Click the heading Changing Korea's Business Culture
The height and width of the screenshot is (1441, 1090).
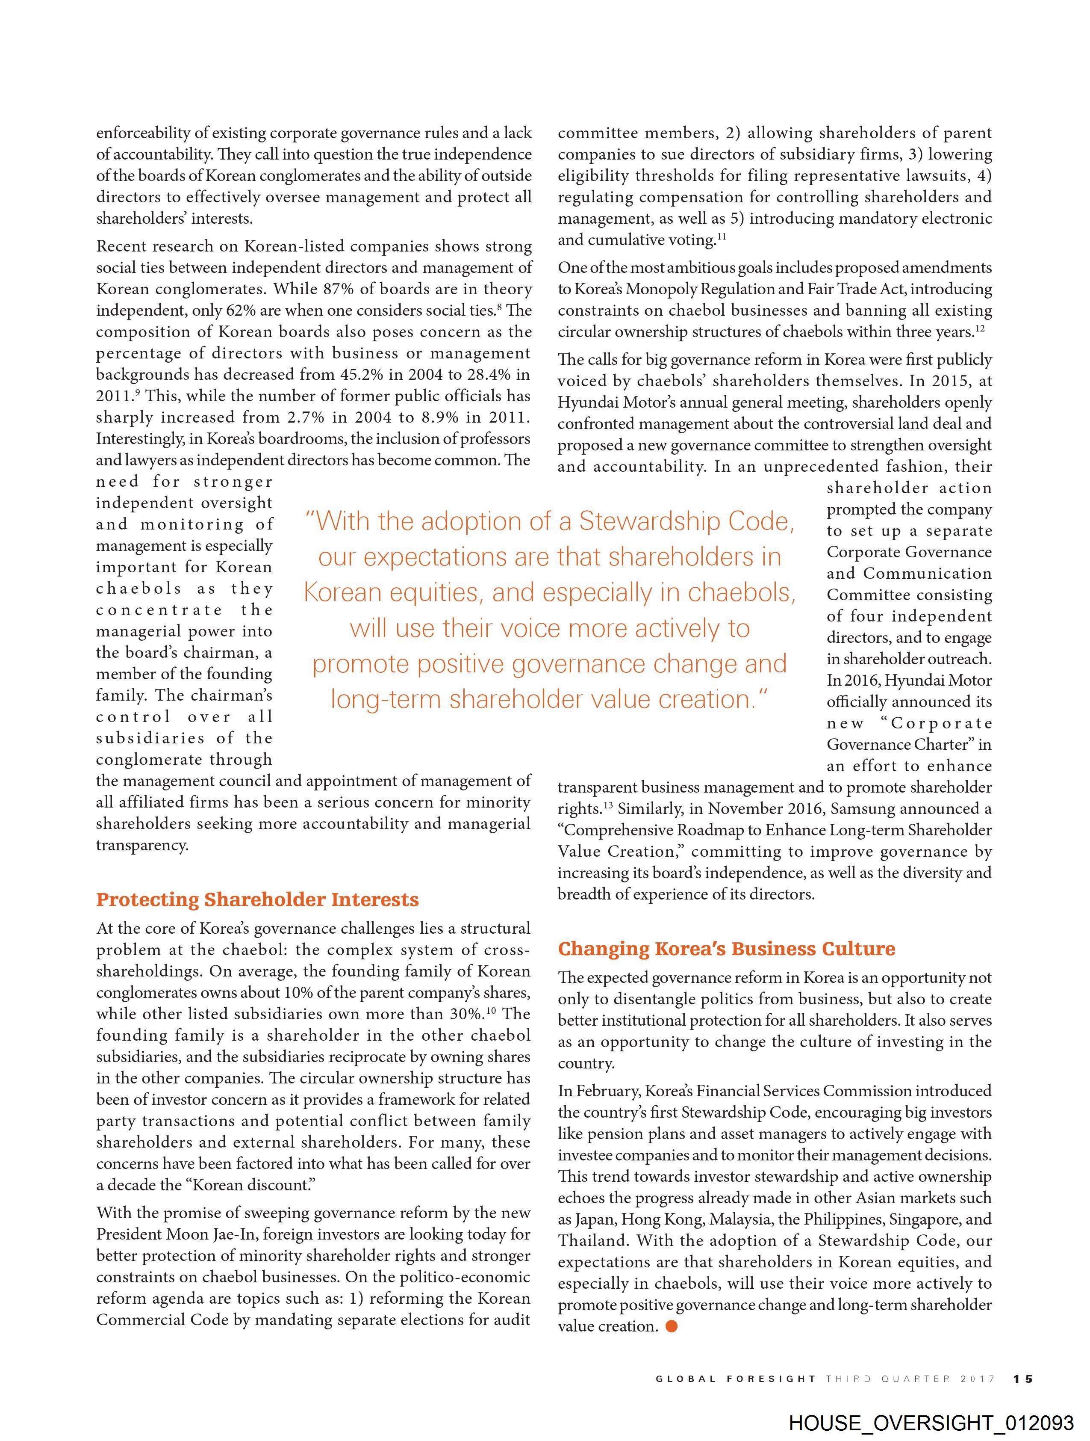(x=726, y=949)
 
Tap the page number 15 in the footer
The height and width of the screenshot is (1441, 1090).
(x=1023, y=1379)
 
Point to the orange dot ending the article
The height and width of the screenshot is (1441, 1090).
(x=672, y=1326)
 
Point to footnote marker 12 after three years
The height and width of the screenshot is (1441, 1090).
(x=980, y=328)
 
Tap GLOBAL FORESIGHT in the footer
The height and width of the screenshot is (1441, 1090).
(x=735, y=1379)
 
